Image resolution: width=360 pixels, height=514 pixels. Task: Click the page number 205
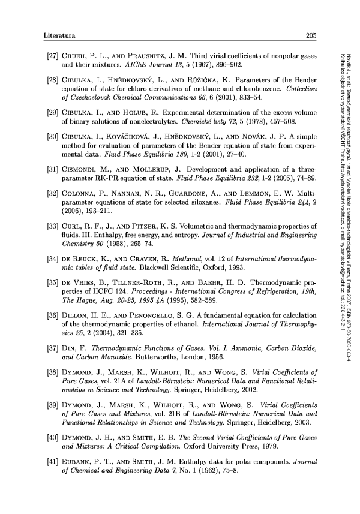point(311,35)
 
